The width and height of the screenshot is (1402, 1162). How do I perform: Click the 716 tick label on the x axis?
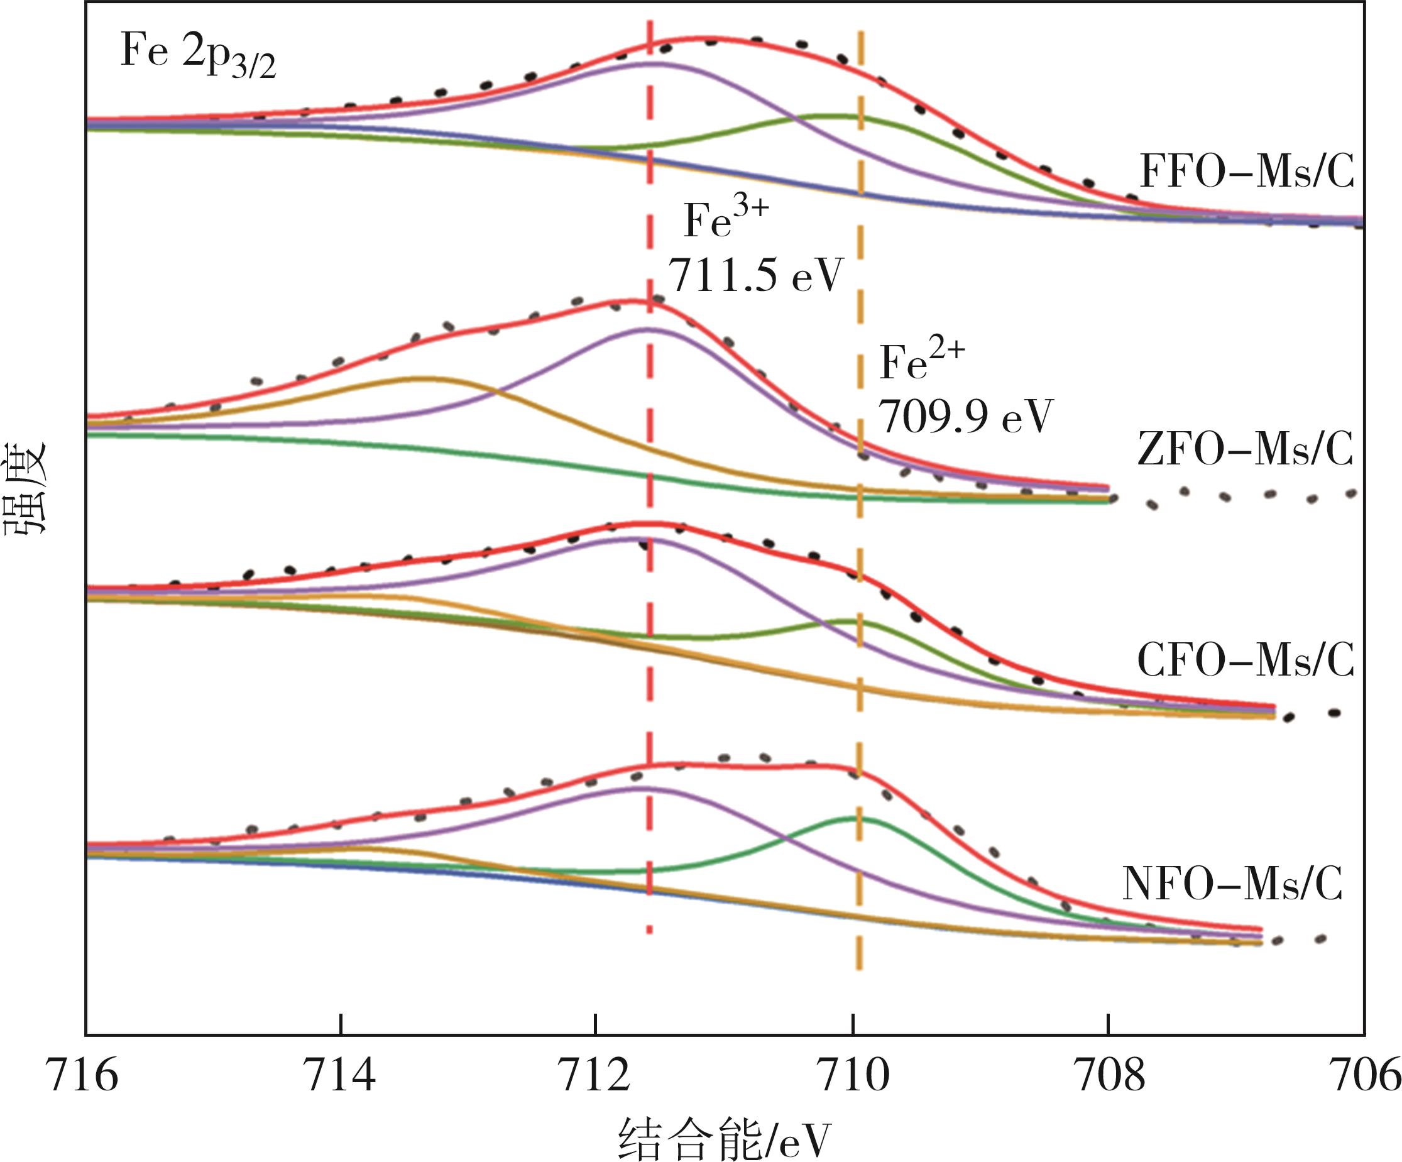click(85, 1077)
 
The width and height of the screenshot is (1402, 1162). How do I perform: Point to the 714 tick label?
click(340, 1077)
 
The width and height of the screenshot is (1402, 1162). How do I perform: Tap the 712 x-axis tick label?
click(596, 1077)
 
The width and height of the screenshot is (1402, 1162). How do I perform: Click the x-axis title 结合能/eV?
click(725, 1139)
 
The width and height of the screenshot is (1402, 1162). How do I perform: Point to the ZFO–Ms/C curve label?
click(1246, 449)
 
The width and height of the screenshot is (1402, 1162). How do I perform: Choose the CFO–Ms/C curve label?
click(1246, 660)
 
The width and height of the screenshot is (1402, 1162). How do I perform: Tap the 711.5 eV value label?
click(757, 275)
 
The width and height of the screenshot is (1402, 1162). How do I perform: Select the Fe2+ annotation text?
click(922, 361)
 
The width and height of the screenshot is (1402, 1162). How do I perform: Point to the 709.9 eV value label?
click(965, 416)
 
